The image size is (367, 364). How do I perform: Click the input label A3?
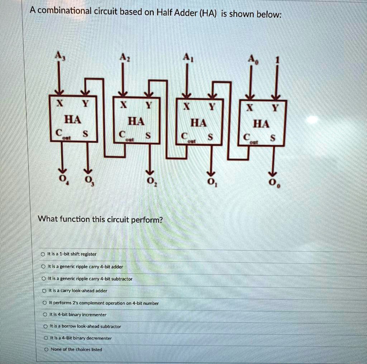[x=59, y=56]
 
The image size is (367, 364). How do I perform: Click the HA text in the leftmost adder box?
[x=72, y=119]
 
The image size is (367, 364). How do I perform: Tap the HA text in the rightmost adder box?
[x=261, y=124]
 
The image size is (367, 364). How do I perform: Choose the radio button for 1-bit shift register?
[x=43, y=254]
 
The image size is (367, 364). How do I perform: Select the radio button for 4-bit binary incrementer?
[x=44, y=315]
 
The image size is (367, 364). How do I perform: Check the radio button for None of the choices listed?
[x=46, y=349]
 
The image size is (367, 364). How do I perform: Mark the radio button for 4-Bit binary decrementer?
[x=46, y=338]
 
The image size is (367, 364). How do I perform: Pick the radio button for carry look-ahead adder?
[x=44, y=290]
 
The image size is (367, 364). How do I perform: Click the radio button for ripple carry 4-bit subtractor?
[x=43, y=279]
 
